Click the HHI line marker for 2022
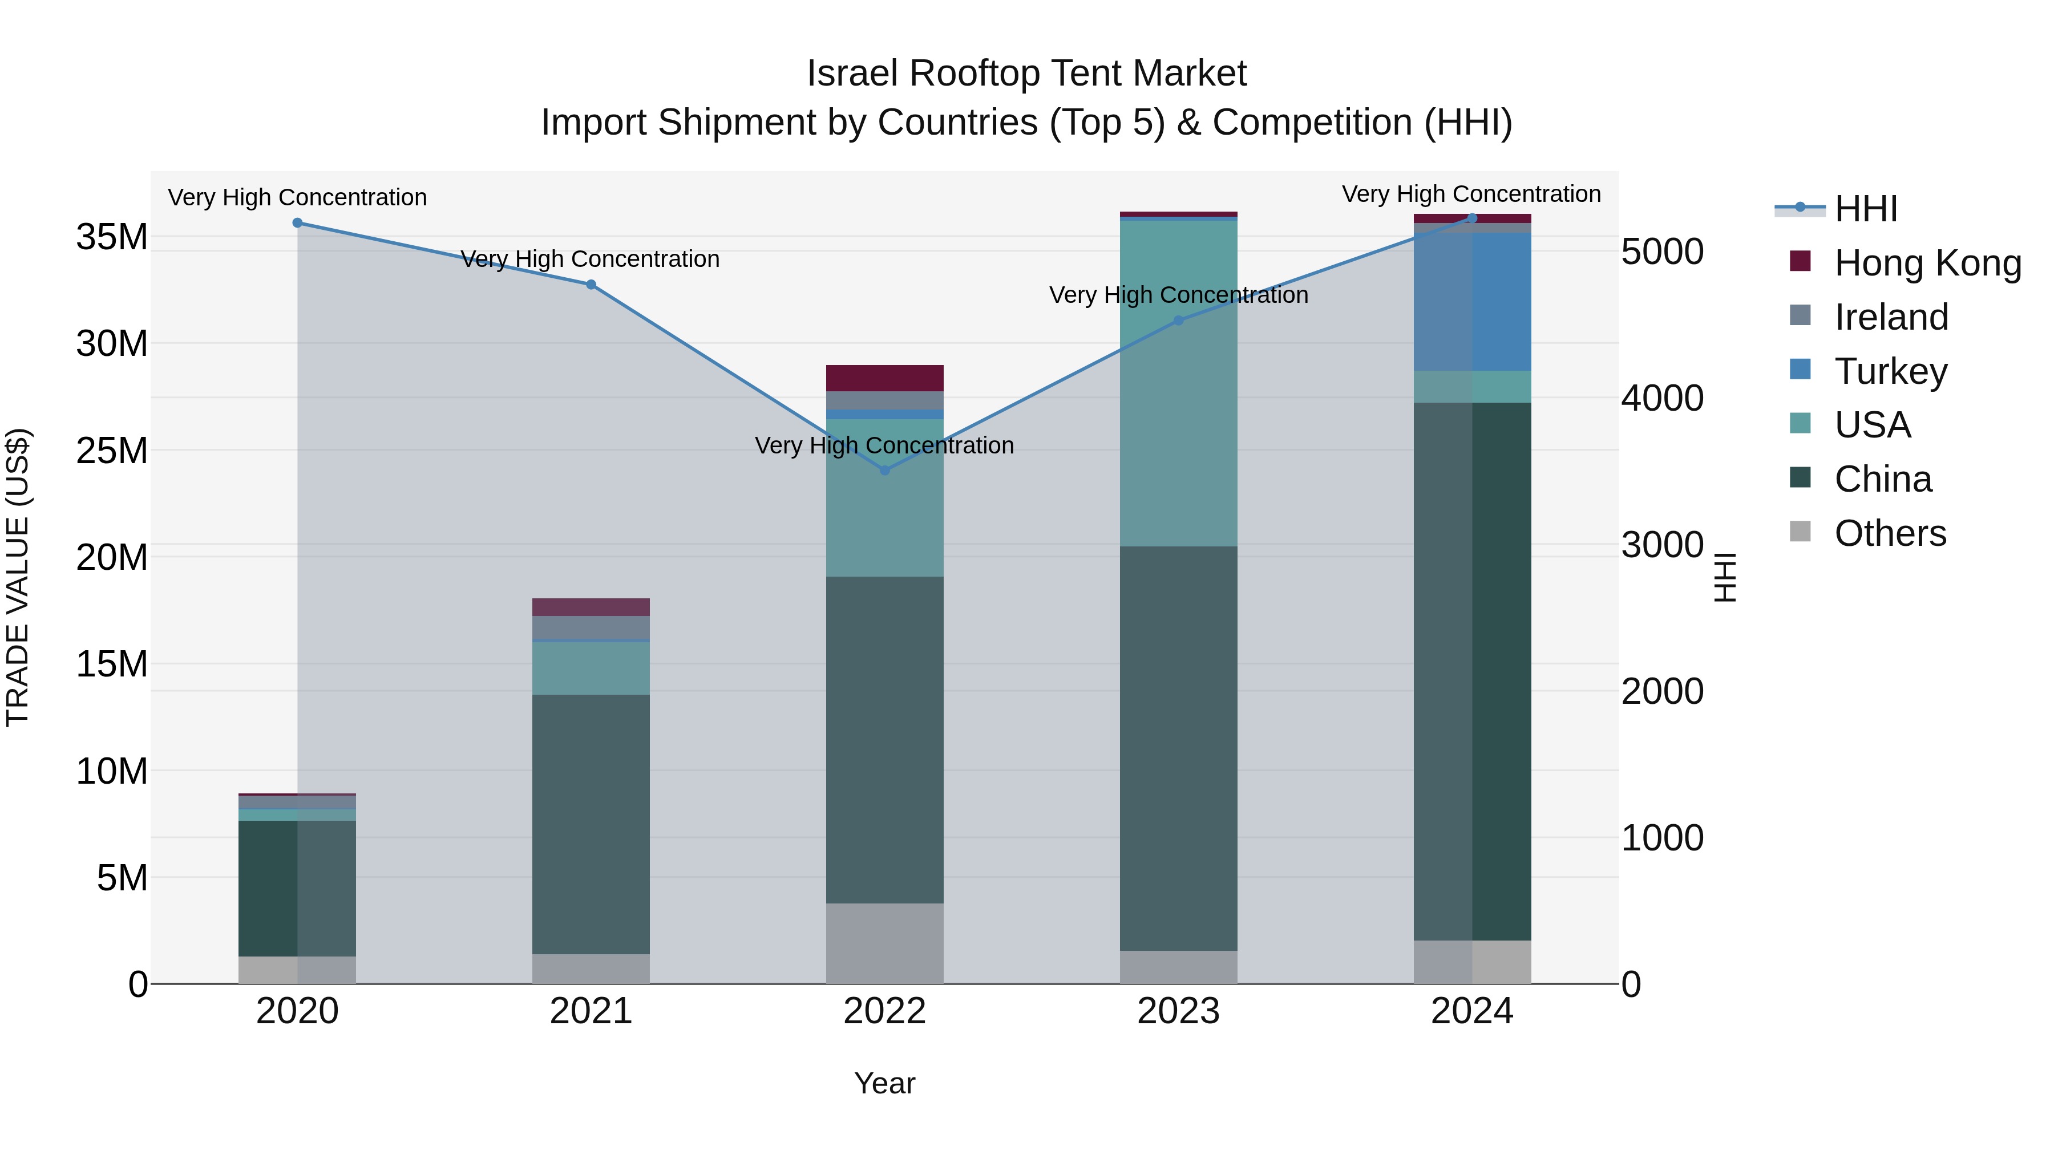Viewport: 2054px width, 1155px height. pos(884,471)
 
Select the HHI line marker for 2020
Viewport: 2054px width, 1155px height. pos(297,223)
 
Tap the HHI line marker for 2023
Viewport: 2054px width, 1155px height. pos(1179,321)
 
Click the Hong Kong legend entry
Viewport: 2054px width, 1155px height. pos(1927,263)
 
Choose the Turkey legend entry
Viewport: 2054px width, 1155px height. pos(1890,371)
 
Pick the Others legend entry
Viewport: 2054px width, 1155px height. pos(1890,533)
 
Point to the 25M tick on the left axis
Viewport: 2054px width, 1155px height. pos(112,451)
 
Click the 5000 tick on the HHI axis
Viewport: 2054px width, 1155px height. pos(1663,252)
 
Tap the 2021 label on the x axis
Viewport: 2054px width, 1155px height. pos(591,1011)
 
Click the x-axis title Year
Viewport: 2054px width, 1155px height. pos(884,1083)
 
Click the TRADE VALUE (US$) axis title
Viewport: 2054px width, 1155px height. pos(18,577)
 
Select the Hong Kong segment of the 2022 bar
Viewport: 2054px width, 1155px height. pos(884,378)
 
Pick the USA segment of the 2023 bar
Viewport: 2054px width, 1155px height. pos(1179,383)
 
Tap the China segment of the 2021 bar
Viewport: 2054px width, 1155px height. pos(591,824)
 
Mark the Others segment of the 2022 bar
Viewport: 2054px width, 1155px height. pos(884,944)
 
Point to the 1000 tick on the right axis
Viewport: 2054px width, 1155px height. pos(1663,838)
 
